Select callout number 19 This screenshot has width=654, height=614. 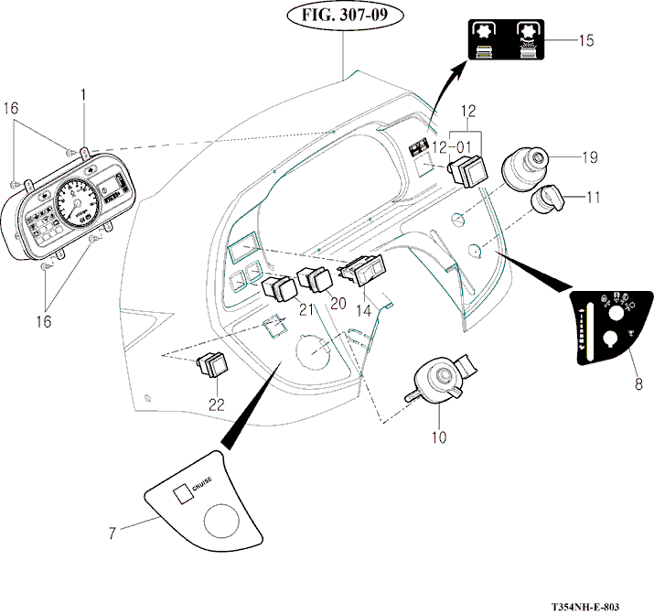coord(589,157)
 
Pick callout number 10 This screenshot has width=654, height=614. coord(440,436)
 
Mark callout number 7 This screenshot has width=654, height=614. coord(113,533)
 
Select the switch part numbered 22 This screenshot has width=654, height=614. coord(212,365)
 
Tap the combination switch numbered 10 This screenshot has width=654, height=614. coord(436,381)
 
